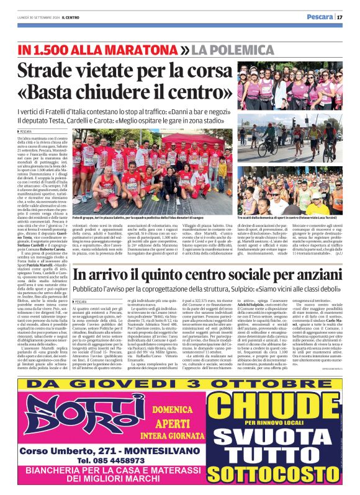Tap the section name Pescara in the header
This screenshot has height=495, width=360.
pyautogui.click(x=321, y=17)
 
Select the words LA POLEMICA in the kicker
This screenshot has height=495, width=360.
pyautogui.click(x=228, y=48)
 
